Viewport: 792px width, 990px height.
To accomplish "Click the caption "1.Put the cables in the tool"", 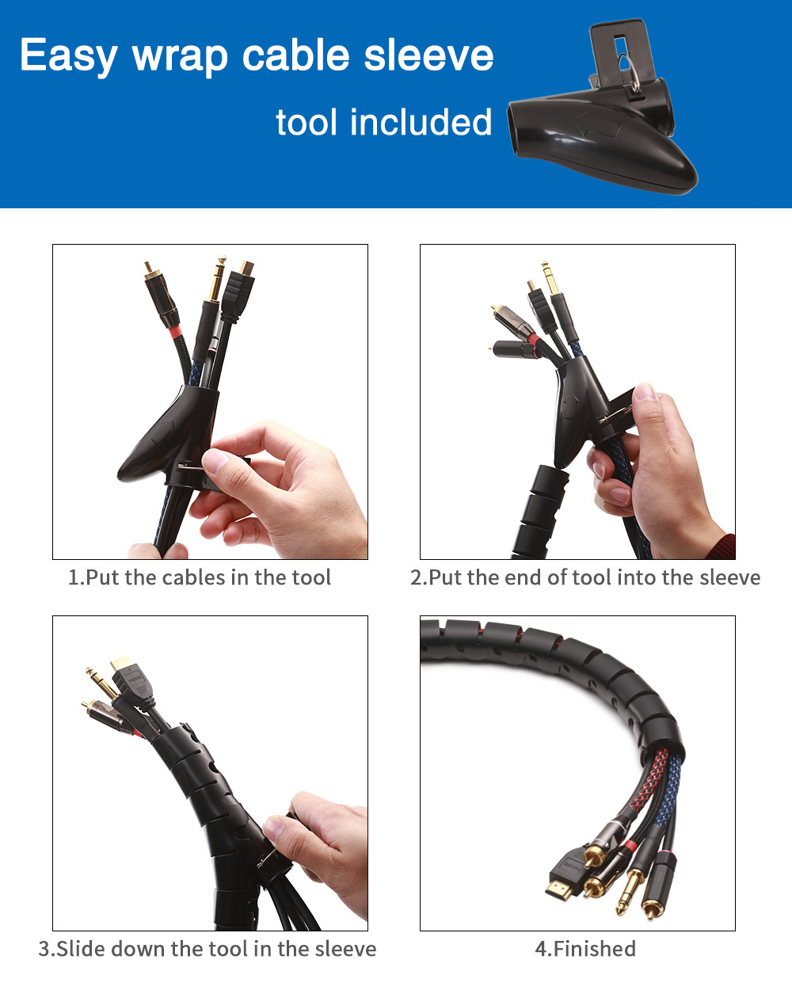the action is tap(200, 578).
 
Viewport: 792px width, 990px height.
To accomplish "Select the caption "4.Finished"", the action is tap(585, 949).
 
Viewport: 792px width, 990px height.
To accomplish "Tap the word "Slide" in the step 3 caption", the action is tap(81, 949).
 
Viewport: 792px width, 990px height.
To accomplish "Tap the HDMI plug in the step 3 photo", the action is tap(131, 681).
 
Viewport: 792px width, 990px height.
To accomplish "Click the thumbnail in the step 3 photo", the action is tap(274, 829).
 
